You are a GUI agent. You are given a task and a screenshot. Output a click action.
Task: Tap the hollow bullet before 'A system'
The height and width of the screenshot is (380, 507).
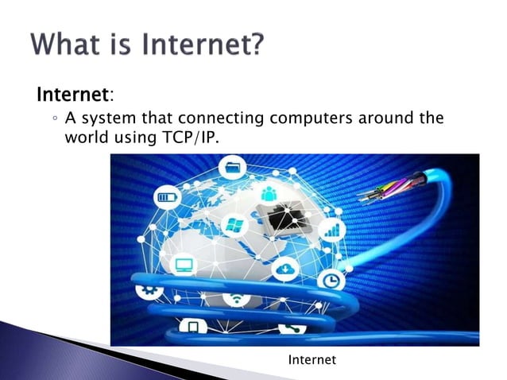pyautogui.click(x=52, y=119)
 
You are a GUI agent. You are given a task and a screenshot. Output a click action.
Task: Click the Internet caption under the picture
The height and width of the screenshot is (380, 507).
pyautogui.click(x=312, y=360)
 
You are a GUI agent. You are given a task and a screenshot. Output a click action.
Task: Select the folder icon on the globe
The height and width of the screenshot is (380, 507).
pyautogui.click(x=234, y=169)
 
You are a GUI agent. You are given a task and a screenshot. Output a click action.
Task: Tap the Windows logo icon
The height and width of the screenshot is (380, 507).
pyautogui.click(x=234, y=225)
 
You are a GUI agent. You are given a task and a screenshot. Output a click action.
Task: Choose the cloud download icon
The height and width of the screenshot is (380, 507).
pyautogui.click(x=284, y=270)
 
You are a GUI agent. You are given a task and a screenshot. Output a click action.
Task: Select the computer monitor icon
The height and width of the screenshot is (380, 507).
pyautogui.click(x=184, y=264)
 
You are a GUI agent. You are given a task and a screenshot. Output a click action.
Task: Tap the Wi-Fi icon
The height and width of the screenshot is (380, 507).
pyautogui.click(x=235, y=300)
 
